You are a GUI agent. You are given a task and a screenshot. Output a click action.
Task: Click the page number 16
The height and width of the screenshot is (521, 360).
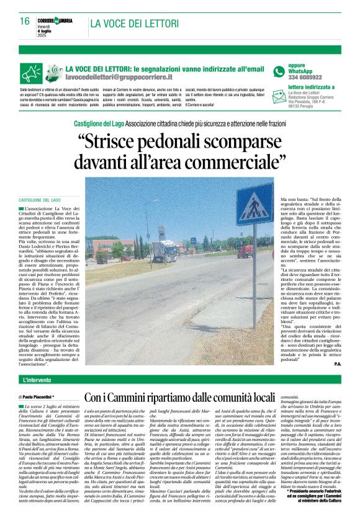click(x=25, y=21)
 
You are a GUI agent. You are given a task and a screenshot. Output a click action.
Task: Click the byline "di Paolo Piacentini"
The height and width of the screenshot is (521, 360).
click(x=37, y=396)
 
